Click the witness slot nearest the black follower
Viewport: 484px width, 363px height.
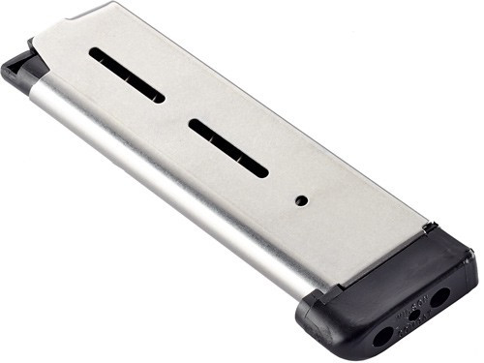click(127, 75)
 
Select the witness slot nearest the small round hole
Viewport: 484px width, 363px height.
click(227, 147)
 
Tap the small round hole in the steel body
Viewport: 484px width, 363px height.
click(301, 199)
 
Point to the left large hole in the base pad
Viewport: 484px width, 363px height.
click(382, 335)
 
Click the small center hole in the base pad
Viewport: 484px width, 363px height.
click(413, 316)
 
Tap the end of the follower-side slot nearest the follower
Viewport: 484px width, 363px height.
click(96, 55)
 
